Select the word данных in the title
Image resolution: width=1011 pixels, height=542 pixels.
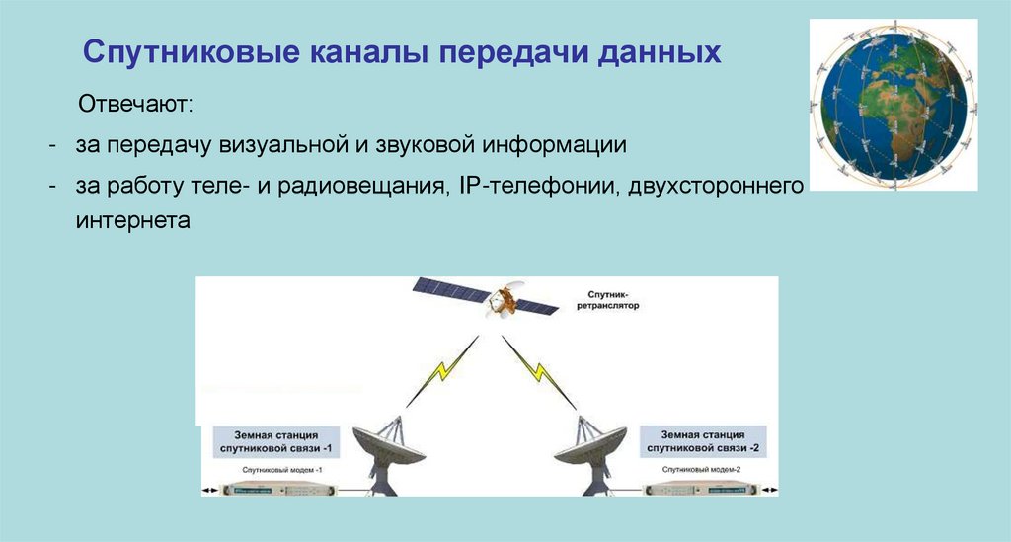coord(659,53)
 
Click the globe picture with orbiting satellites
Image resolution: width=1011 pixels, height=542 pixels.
coord(894,103)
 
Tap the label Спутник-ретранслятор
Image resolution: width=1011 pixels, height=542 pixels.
coord(605,300)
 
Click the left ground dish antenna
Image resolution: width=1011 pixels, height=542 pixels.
coord(387,451)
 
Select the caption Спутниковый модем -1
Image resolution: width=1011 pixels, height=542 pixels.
coord(276,471)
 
